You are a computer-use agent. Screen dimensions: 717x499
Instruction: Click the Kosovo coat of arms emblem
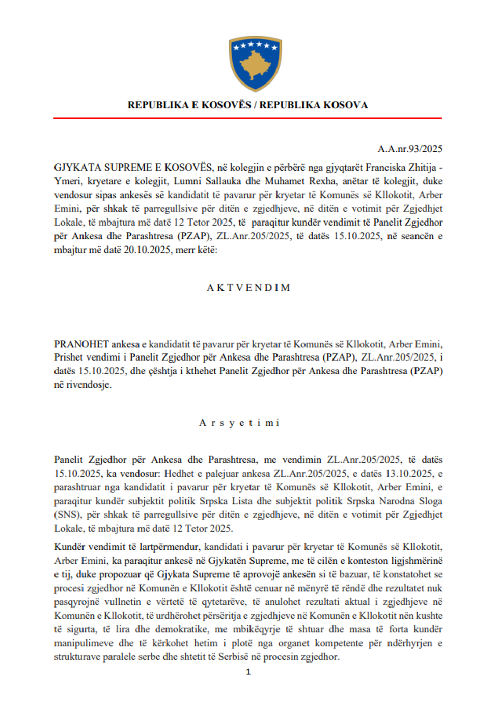[255, 63]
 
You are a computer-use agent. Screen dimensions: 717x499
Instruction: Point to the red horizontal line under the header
[247, 118]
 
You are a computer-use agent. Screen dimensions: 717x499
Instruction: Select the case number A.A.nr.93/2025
[410, 149]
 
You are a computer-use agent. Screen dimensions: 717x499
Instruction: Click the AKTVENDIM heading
[248, 288]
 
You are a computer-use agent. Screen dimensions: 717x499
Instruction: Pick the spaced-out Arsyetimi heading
[239, 423]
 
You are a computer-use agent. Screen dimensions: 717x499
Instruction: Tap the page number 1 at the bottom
[248, 672]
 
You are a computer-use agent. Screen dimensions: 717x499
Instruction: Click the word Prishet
[67, 357]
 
